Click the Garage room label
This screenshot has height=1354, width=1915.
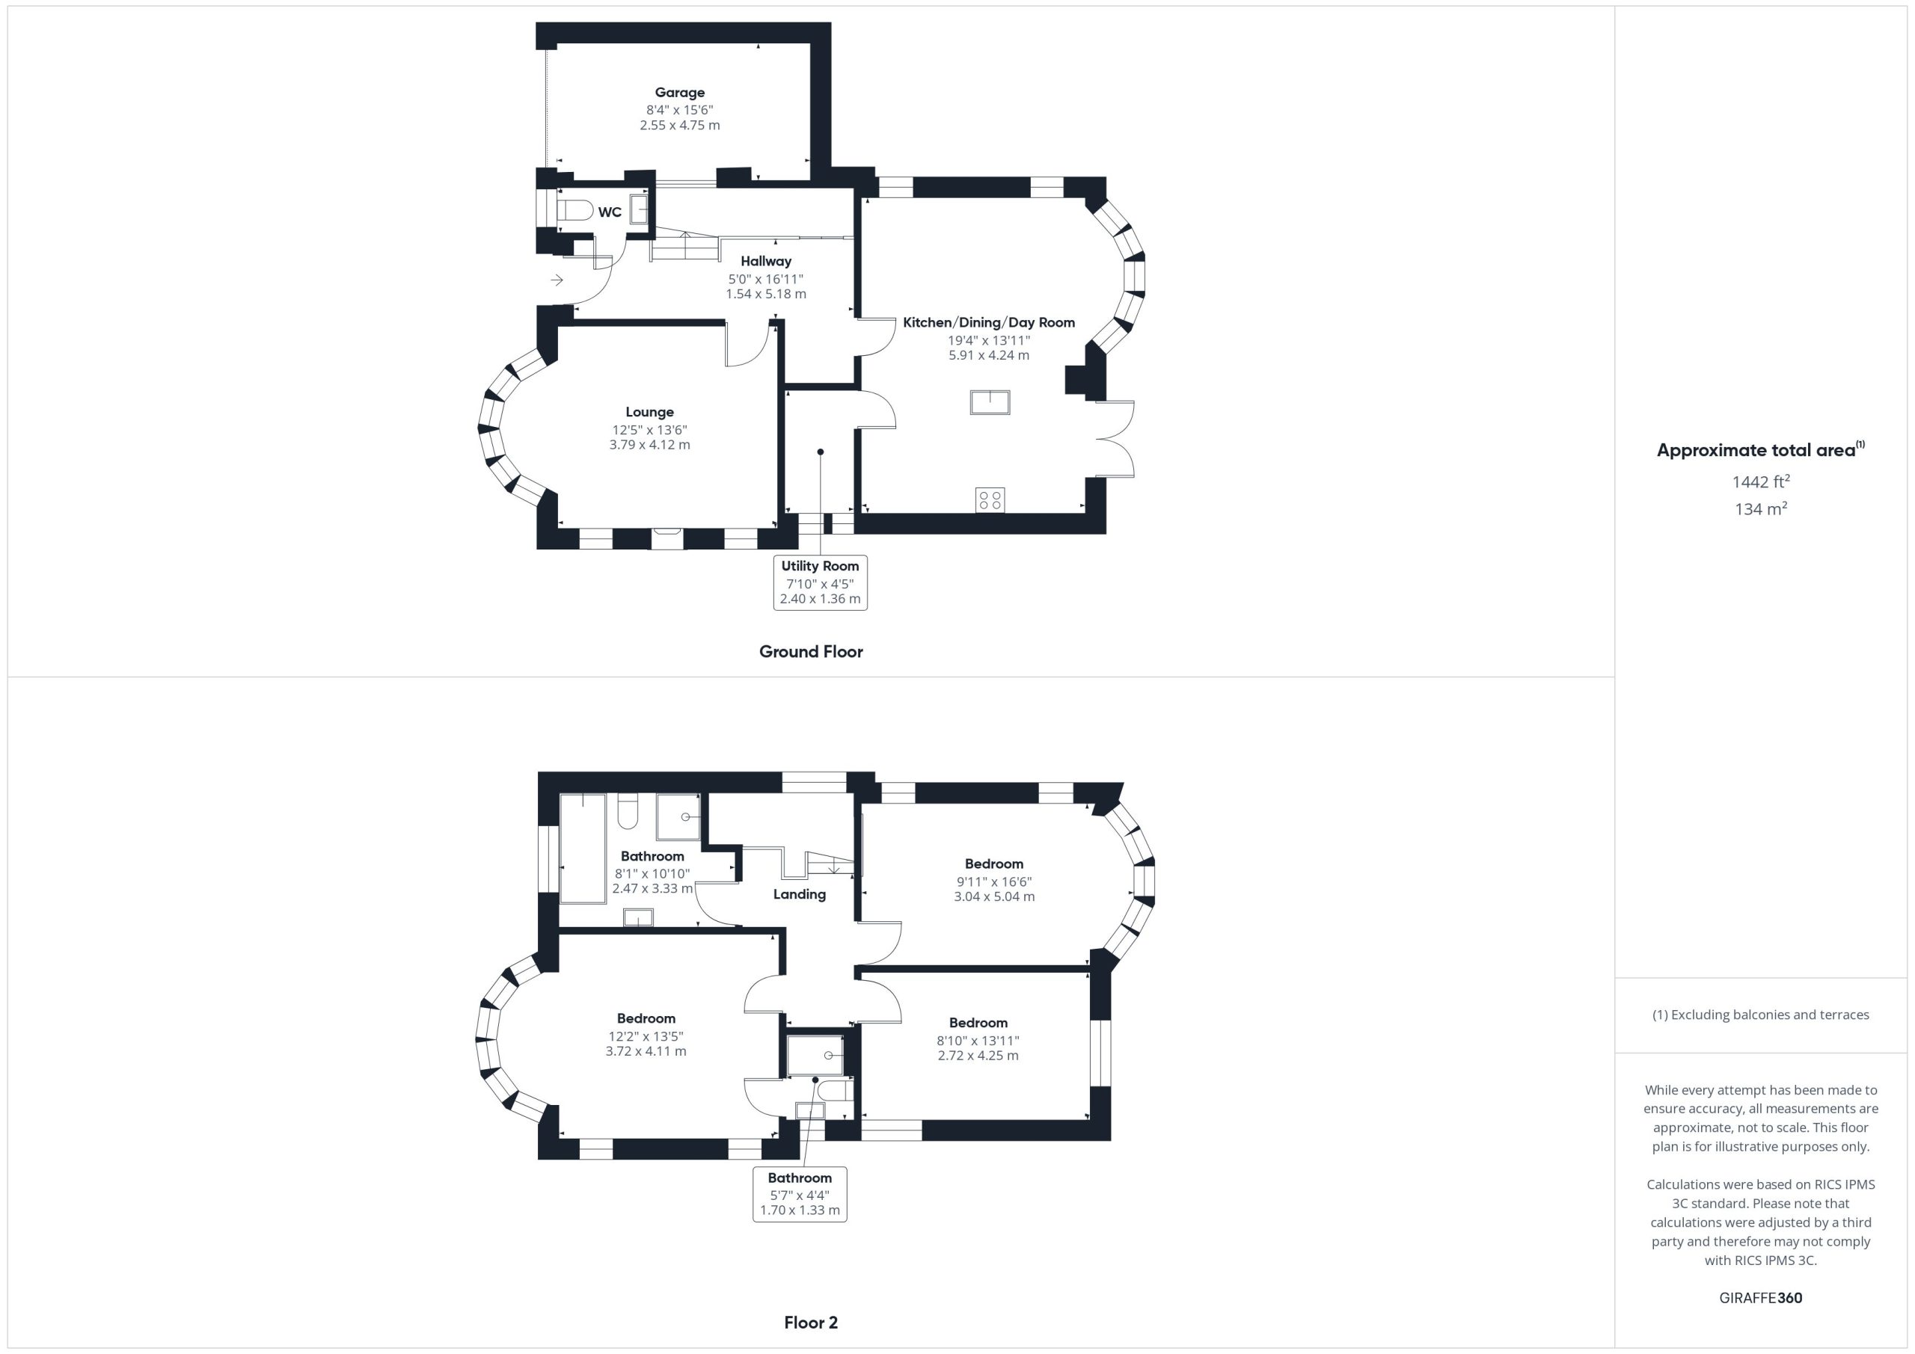[679, 93]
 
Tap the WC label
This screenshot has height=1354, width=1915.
[610, 212]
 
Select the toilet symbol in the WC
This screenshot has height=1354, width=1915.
[574, 209]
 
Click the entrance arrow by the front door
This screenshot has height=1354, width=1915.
[557, 280]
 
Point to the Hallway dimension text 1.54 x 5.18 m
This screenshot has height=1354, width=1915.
[766, 295]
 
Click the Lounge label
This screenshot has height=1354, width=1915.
[650, 412]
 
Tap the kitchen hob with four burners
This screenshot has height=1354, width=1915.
[990, 500]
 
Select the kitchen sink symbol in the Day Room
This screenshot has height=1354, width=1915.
[990, 403]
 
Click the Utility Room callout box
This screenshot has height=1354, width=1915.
[820, 582]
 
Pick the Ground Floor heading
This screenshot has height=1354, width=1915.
[811, 652]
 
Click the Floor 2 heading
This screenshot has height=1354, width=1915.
[811, 1323]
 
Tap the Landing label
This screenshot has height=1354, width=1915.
[799, 895]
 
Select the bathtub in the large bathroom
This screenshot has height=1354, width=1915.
[583, 849]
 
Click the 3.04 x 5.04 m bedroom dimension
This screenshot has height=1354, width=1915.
[994, 897]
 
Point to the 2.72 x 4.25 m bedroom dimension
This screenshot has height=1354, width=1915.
[978, 1056]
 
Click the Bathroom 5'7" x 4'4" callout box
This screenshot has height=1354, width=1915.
[799, 1194]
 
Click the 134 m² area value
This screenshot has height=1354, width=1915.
[1761, 508]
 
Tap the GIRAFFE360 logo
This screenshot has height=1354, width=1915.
[1761, 1298]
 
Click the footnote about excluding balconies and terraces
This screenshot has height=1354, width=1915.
[1761, 1015]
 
